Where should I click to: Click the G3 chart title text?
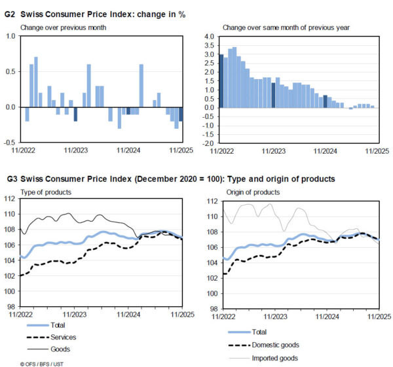(170, 179)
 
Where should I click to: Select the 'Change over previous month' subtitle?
(63, 27)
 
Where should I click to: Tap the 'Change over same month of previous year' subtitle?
(286, 27)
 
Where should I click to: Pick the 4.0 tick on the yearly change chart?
(210, 37)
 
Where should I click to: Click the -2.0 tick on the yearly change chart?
(208, 143)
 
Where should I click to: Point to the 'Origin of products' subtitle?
(253, 192)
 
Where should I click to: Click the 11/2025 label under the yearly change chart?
(378, 151)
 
